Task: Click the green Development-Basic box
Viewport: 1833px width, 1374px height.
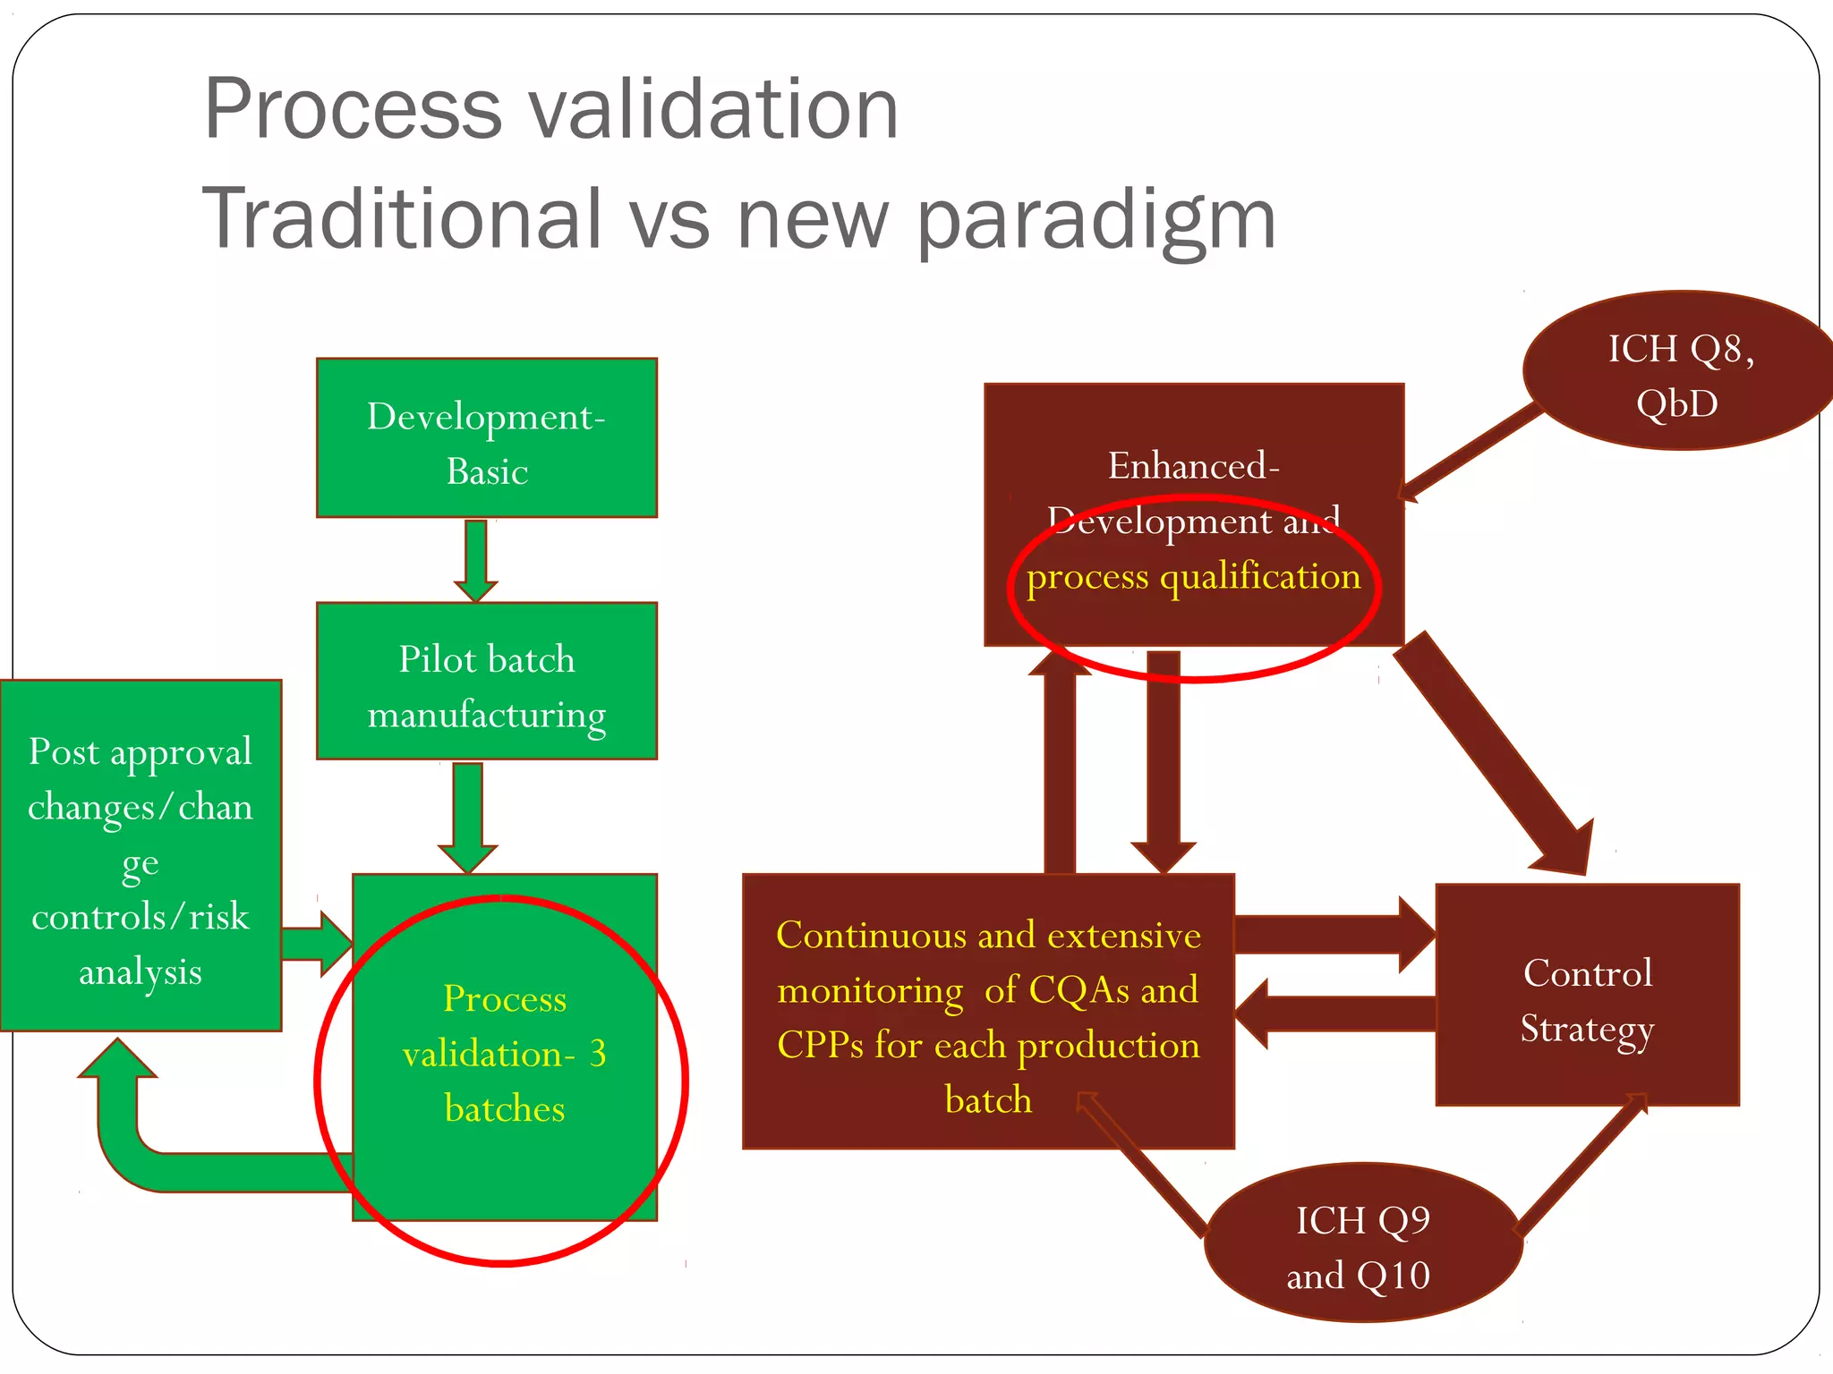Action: (486, 438)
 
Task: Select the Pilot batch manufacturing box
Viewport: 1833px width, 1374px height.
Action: (486, 682)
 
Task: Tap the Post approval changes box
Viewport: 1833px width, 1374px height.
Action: (140, 857)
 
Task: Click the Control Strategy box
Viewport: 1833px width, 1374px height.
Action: (1587, 996)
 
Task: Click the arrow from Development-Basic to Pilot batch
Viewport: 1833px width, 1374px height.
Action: (475, 559)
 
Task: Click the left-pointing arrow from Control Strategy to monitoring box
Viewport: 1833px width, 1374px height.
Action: (1334, 1014)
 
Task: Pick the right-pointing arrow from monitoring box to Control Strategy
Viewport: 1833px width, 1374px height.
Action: (1334, 935)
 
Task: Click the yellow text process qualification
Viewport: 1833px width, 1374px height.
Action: (1193, 577)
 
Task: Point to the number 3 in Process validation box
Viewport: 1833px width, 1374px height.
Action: (597, 1053)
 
